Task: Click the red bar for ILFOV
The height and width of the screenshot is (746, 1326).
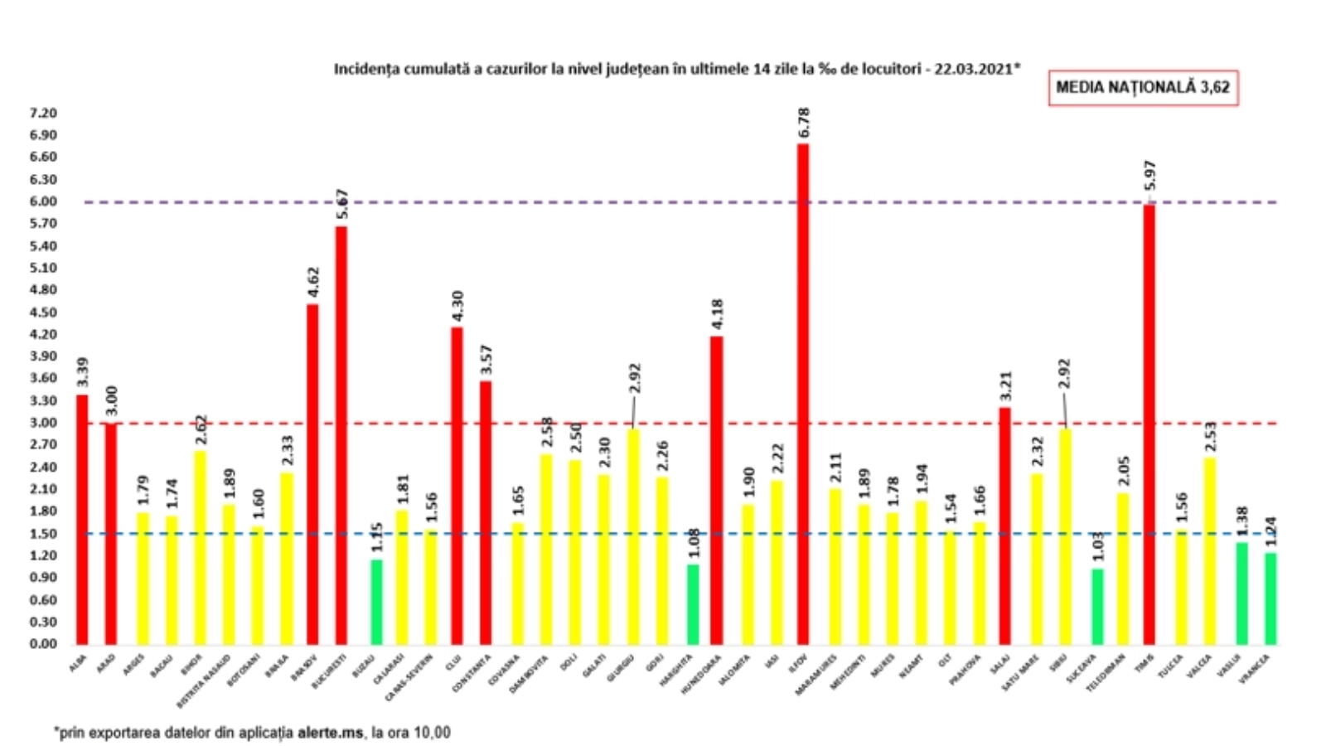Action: [x=802, y=394]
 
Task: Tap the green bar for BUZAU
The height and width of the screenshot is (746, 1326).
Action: [x=376, y=602]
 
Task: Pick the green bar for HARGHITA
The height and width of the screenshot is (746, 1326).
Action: [x=693, y=604]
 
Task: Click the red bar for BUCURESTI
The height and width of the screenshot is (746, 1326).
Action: [x=341, y=435]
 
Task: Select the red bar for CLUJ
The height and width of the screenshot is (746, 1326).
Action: [x=457, y=485]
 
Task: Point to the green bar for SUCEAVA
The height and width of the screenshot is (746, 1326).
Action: [x=1097, y=606]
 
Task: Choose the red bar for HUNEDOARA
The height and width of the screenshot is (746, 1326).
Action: [x=717, y=490]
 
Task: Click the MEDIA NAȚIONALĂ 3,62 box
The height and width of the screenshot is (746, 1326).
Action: [x=1143, y=87]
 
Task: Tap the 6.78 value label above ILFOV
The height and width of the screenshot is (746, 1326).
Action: [x=803, y=123]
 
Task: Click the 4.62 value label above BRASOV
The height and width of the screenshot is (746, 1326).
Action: [x=313, y=282]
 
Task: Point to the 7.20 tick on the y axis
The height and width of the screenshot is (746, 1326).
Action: [x=43, y=113]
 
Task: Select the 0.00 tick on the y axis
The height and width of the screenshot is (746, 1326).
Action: [x=43, y=644]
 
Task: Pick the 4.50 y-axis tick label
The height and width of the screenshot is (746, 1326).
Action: [x=43, y=312]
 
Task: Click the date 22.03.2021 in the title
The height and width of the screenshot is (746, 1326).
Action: [x=975, y=69]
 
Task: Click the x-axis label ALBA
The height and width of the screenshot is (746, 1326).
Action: [x=78, y=662]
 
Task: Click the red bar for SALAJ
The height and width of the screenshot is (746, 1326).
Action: [x=1004, y=526]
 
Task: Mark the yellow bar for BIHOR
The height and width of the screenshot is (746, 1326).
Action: [x=200, y=547]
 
